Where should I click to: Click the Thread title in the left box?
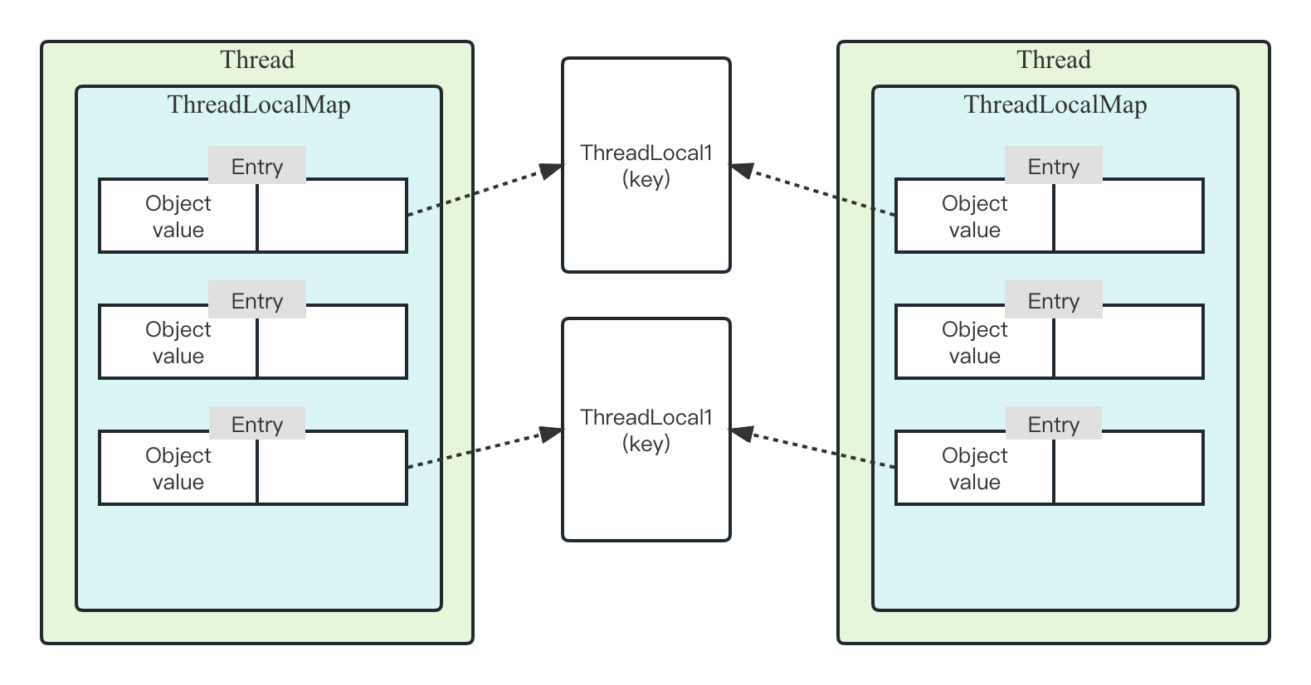click(x=257, y=61)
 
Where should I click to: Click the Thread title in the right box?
click(x=1054, y=61)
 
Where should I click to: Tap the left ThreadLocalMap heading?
click(x=259, y=105)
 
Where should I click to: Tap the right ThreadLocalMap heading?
click(x=1055, y=105)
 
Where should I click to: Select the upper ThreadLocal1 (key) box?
click(x=646, y=166)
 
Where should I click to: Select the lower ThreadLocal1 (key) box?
click(x=646, y=430)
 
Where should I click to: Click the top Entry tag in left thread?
click(x=257, y=166)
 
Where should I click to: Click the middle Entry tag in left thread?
click(x=257, y=300)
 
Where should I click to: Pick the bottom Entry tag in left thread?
click(x=257, y=424)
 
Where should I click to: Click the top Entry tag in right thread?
click(x=1054, y=166)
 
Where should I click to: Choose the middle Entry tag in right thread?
click(x=1054, y=300)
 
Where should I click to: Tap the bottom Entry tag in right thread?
click(x=1054, y=424)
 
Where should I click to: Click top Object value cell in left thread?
click(x=178, y=216)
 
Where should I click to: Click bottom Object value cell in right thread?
click(x=975, y=469)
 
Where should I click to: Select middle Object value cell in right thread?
click(x=975, y=342)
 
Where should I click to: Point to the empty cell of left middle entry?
click(x=332, y=342)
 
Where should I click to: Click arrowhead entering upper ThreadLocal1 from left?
click(x=552, y=170)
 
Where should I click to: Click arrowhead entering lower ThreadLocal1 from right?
click(x=741, y=433)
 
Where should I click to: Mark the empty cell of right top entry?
click(x=1128, y=216)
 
